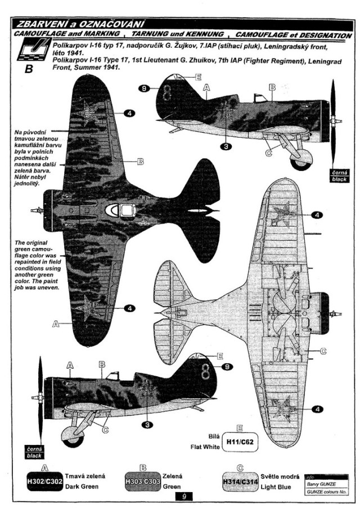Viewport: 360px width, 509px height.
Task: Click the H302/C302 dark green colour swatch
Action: pyautogui.click(x=45, y=481)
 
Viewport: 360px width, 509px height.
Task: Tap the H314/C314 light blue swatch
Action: pyautogui.click(x=240, y=481)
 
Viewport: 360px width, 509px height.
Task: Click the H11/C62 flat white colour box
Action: pyautogui.click(x=240, y=442)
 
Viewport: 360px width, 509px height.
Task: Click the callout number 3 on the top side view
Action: pyautogui.click(x=226, y=146)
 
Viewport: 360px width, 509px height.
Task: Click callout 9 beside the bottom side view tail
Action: pyautogui.click(x=227, y=367)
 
